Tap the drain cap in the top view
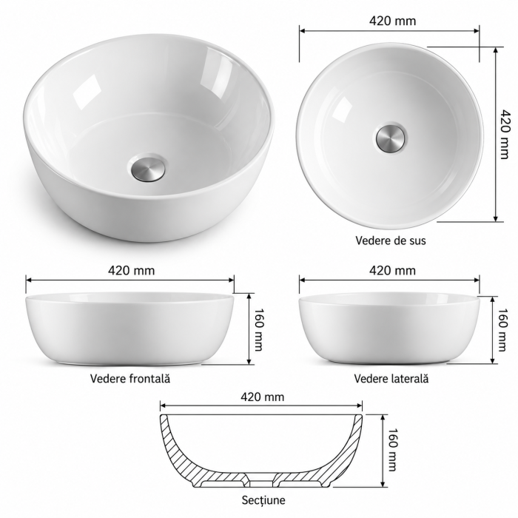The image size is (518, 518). (x=391, y=137)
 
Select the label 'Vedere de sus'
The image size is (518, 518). (x=391, y=240)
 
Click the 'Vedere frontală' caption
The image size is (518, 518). (x=130, y=378)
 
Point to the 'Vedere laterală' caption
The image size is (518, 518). (x=391, y=378)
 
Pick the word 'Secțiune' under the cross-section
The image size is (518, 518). (x=263, y=499)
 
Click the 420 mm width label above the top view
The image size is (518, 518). (x=392, y=21)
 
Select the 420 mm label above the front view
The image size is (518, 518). (x=131, y=271)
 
